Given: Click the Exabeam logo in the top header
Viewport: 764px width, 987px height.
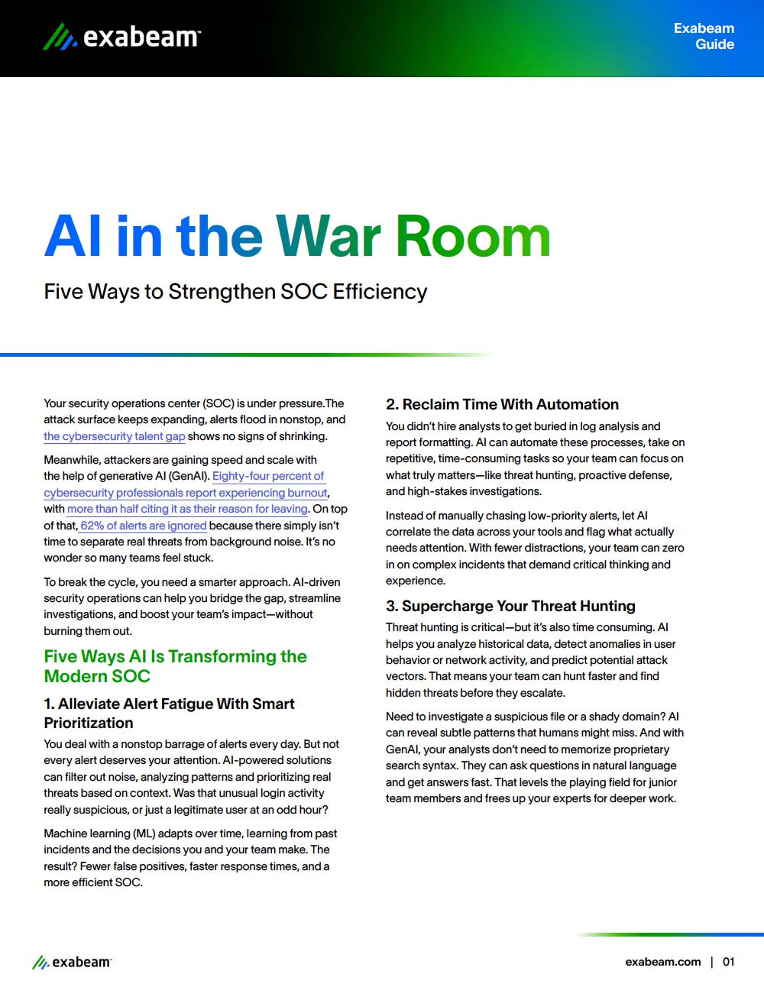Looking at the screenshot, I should click(x=122, y=36).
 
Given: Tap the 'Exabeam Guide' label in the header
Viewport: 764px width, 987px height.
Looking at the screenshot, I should click(x=704, y=36).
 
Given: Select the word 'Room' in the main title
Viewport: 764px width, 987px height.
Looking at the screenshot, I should click(x=473, y=236).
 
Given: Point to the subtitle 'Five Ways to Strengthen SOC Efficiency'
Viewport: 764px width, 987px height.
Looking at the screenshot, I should click(x=235, y=292).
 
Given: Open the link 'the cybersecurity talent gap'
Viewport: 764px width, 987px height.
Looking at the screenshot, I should click(x=114, y=436).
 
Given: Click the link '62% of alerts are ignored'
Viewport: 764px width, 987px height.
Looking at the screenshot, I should click(x=144, y=526).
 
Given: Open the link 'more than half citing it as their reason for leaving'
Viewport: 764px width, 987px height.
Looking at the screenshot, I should click(x=187, y=509).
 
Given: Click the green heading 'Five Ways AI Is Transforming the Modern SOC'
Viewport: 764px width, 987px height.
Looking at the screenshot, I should click(x=175, y=666).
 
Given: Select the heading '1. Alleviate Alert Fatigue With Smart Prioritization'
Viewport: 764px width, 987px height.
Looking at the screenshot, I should click(x=169, y=713).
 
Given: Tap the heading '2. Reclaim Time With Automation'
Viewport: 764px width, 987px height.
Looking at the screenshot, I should click(x=502, y=405).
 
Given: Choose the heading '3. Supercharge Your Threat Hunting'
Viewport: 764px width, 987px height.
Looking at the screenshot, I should click(x=510, y=607).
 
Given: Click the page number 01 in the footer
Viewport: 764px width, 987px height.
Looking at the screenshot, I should click(x=728, y=962).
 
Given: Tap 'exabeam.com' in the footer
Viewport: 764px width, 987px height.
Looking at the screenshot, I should click(x=662, y=962).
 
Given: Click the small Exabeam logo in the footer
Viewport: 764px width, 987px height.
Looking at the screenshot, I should click(x=72, y=963).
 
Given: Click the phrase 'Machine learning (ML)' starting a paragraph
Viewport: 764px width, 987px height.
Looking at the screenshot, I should click(x=99, y=833).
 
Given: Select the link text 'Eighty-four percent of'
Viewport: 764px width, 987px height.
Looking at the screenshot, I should click(x=268, y=476).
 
